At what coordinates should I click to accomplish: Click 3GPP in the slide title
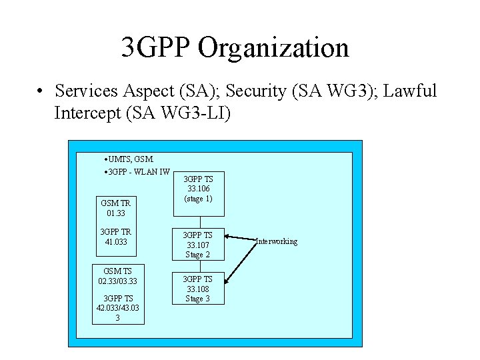point(155,48)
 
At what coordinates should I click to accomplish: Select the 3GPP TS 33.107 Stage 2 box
point(199,245)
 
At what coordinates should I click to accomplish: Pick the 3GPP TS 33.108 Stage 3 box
point(199,288)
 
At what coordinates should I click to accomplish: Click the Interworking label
point(277,241)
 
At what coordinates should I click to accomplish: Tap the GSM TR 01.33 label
point(115,208)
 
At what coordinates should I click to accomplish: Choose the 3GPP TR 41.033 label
point(115,237)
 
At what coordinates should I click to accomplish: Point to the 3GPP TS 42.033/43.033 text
point(118,307)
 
